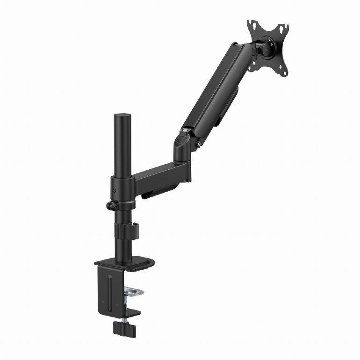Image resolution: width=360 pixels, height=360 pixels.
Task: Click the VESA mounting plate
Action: (268, 47)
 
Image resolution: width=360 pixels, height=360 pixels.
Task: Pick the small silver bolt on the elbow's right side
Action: (200, 145)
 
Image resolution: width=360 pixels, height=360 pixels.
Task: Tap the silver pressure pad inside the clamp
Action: (135, 293)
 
